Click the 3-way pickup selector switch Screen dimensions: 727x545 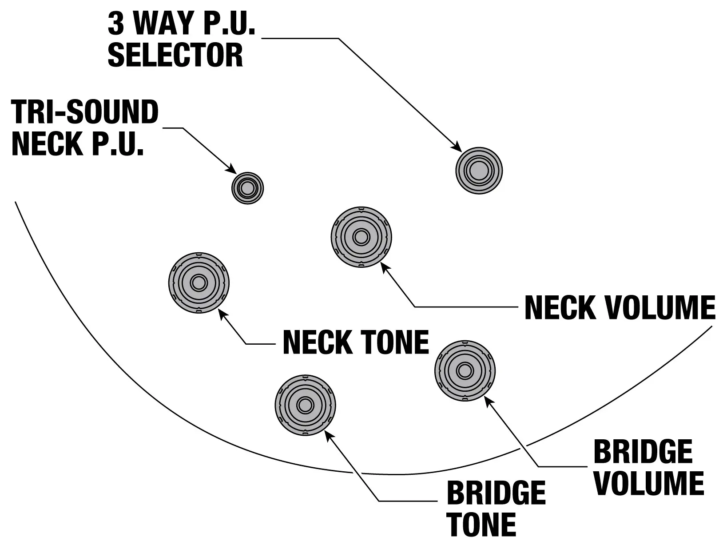point(479,171)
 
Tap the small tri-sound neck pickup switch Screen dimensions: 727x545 point(247,188)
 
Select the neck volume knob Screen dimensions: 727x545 point(362,237)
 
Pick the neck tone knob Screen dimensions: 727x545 point(199,283)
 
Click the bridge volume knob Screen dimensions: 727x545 point(465,370)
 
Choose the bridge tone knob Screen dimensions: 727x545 point(305,405)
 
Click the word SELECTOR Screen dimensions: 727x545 point(175,55)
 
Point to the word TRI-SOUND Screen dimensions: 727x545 point(85,112)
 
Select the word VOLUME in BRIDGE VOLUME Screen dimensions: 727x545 point(649,483)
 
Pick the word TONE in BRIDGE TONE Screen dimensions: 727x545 point(481,525)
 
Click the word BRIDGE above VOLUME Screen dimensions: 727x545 point(643,452)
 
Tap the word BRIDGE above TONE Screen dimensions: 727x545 point(496,493)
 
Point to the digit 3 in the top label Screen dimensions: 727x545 point(116,23)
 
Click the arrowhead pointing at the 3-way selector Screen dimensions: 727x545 point(457,146)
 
